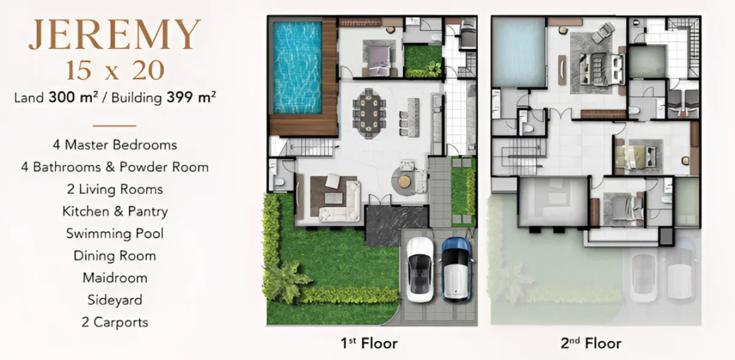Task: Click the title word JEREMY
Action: tap(115, 36)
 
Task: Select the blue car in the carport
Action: tap(456, 268)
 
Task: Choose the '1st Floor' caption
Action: tap(369, 343)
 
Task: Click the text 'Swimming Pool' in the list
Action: tap(115, 233)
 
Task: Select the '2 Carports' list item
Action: tap(115, 322)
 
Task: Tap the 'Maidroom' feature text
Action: tap(115, 278)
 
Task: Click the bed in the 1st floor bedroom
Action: tap(378, 56)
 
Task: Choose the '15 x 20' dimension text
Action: tap(115, 70)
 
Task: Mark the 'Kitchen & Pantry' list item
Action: tap(115, 211)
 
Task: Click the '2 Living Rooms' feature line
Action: tap(115, 189)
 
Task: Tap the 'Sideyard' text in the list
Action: tap(115, 300)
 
